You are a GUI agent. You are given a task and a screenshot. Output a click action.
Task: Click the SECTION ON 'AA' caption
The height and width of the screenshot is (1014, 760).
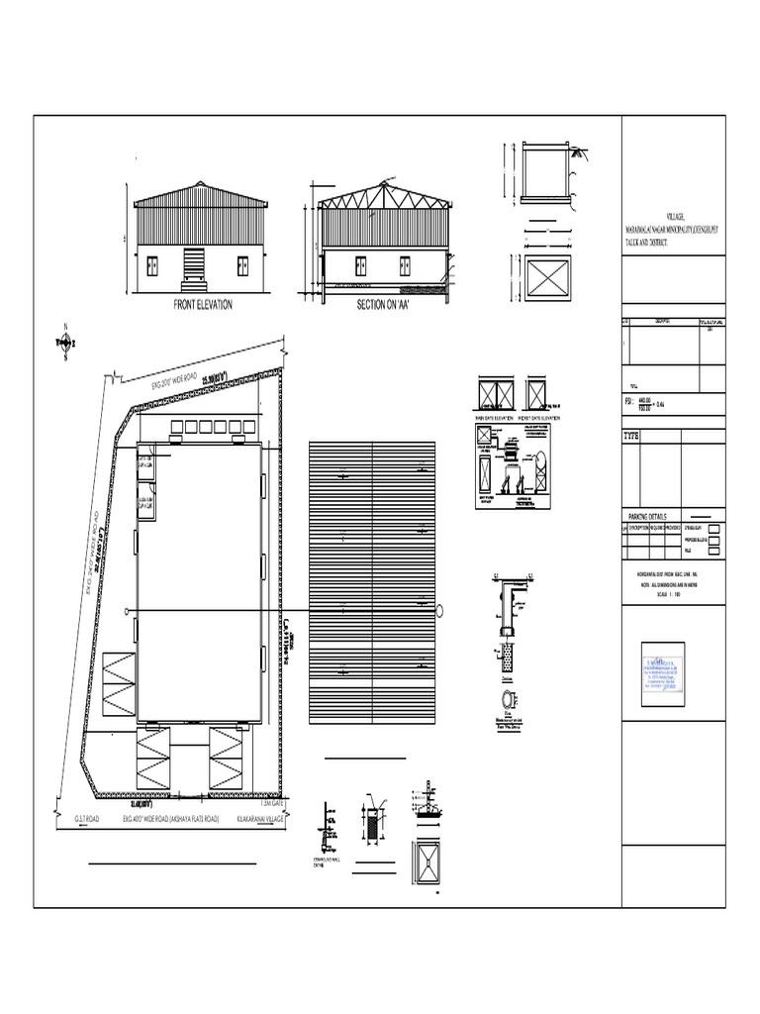383,305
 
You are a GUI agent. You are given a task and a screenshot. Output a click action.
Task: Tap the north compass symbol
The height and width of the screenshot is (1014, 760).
65,343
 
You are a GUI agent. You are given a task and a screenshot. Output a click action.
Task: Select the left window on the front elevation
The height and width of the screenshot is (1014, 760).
152,264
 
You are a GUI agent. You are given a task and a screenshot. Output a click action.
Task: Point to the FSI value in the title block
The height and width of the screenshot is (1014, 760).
649,403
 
